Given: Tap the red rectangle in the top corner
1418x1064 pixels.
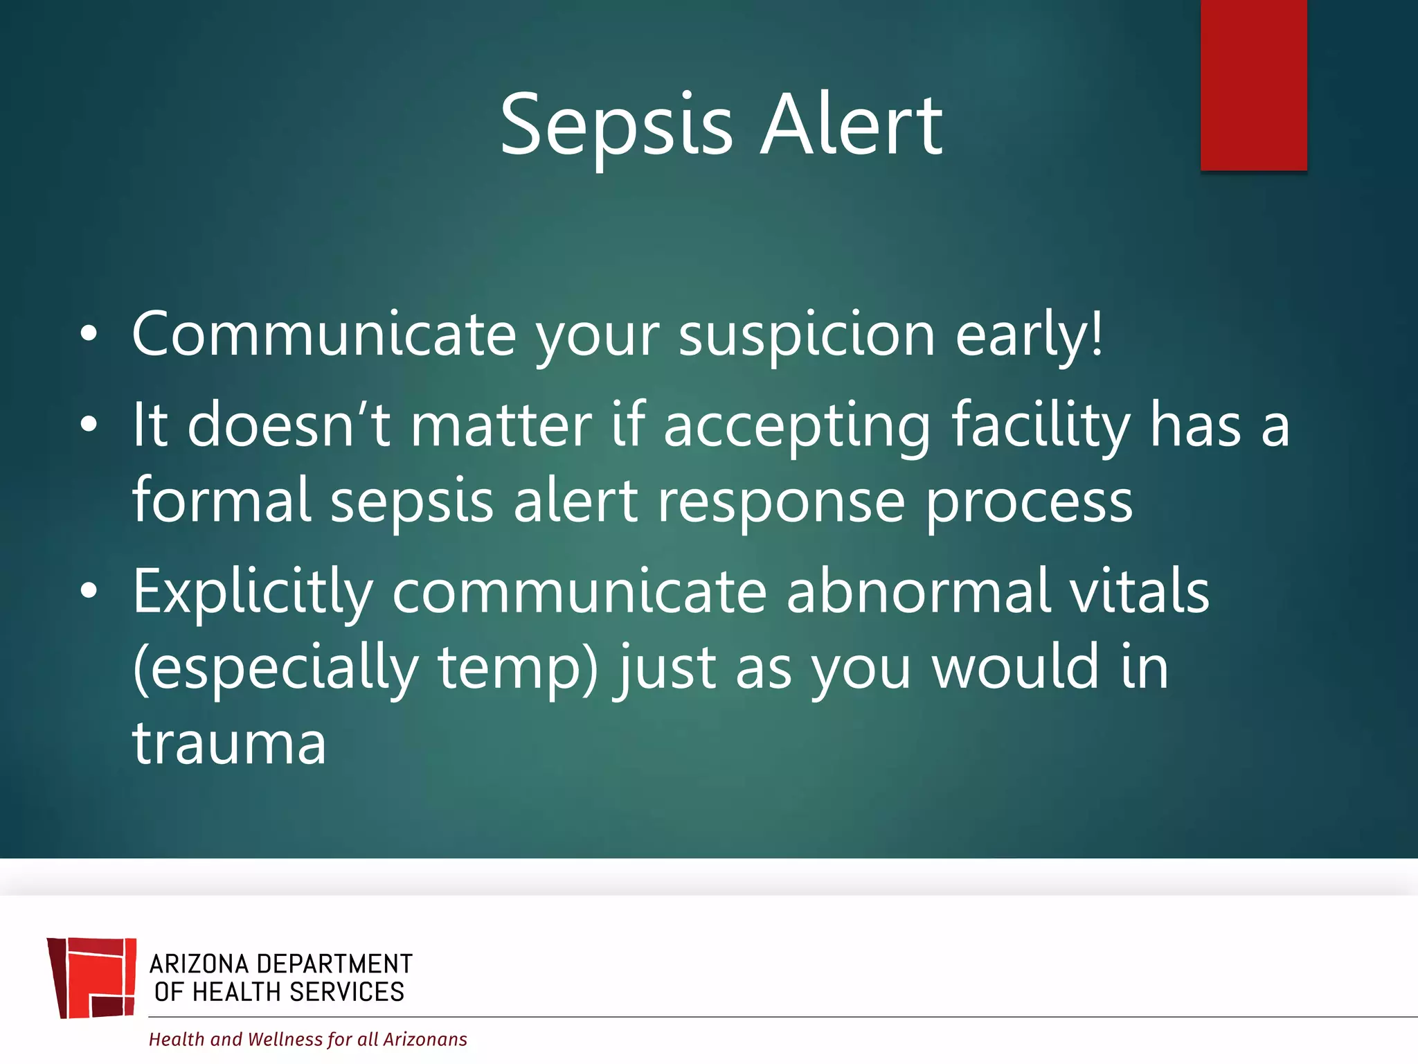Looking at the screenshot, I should (x=1253, y=85).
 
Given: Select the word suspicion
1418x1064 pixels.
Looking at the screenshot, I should (x=807, y=335).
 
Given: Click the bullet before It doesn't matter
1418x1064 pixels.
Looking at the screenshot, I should (x=89, y=425).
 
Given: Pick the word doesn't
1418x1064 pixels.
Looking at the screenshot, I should (x=289, y=425).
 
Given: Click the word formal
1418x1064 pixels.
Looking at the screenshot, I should (x=222, y=500).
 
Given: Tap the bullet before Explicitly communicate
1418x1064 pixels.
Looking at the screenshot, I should (x=89, y=591).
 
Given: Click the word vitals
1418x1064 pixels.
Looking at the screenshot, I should (x=1139, y=591).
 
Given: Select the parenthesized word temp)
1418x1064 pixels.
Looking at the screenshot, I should (x=518, y=668).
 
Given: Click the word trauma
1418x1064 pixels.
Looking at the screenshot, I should (x=229, y=743).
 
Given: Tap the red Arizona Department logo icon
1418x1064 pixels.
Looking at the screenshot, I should (x=92, y=977).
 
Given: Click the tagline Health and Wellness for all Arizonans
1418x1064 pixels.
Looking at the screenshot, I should (x=307, y=1039).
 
